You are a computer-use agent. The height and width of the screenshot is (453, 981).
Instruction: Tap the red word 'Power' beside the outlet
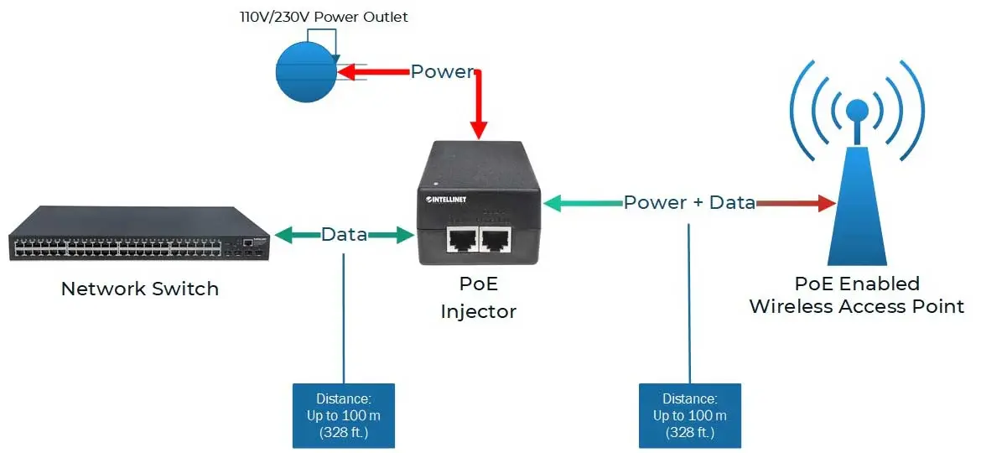442,72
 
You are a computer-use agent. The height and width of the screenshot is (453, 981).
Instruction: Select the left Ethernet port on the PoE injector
460,239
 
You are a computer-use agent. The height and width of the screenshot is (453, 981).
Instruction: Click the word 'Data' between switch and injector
344,235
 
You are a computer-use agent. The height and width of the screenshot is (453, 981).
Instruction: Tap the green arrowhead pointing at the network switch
282,235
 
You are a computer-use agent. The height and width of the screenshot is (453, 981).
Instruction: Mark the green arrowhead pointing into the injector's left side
406,235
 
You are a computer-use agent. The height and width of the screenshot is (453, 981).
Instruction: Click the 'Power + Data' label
689,202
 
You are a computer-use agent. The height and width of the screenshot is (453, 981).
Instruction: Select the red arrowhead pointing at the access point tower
827,202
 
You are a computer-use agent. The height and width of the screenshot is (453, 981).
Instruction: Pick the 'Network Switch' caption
140,289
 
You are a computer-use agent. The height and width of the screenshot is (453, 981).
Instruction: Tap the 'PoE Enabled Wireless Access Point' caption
856,294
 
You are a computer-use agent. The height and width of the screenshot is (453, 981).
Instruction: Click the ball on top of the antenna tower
857,110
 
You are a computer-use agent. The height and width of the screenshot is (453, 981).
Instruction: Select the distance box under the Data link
343,416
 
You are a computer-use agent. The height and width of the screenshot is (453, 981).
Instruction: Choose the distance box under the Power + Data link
689,416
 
